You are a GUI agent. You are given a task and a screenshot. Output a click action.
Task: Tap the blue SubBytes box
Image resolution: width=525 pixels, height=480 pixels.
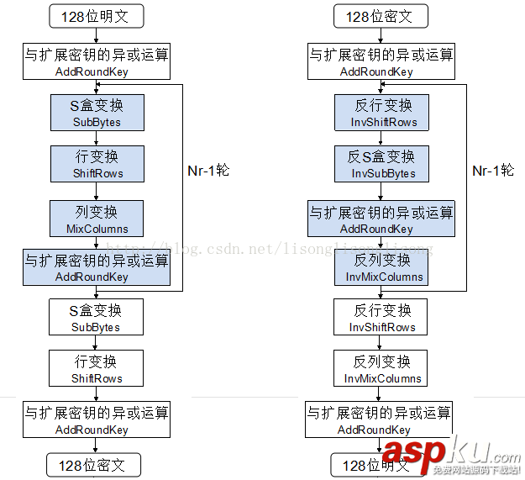coord(96,113)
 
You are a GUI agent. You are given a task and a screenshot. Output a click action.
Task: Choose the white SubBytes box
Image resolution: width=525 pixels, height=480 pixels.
coord(96,318)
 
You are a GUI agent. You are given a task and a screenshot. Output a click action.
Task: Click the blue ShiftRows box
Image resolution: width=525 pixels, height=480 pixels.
coord(96,164)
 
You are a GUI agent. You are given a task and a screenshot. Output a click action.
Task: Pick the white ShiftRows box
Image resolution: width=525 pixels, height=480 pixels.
coord(96,369)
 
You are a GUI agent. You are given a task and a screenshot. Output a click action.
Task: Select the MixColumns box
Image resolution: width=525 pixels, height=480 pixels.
coord(97,219)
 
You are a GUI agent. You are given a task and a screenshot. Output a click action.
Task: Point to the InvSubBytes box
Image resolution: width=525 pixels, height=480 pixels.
coord(382,164)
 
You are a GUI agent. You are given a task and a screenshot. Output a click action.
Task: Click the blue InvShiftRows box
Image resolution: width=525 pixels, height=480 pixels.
coord(382,113)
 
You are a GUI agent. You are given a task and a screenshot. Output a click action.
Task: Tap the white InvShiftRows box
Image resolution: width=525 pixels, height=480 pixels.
coord(382,318)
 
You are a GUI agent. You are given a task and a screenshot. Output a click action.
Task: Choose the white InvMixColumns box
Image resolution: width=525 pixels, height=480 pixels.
coord(382,369)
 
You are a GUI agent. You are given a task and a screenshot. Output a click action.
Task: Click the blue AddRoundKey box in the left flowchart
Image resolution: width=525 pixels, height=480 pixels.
coord(96,267)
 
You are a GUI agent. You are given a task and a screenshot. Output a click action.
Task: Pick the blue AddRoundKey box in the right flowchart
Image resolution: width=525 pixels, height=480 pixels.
coord(381,219)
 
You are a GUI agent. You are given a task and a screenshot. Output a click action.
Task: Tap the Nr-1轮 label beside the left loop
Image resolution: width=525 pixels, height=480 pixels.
coord(208,170)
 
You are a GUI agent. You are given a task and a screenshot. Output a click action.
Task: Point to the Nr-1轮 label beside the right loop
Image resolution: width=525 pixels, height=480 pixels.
coord(493,170)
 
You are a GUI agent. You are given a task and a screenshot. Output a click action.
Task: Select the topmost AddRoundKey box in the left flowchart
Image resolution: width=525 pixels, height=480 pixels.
coord(96,62)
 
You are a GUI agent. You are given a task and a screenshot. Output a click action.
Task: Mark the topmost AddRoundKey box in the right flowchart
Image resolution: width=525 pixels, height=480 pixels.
coord(381,62)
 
